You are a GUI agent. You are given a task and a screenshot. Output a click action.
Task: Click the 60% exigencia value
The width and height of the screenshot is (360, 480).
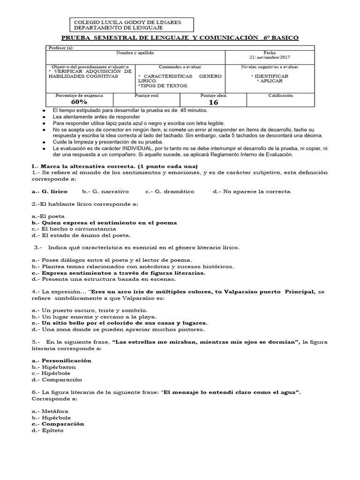tap(79, 102)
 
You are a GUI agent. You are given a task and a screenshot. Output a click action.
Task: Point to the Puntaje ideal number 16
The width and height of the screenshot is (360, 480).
tap(213, 102)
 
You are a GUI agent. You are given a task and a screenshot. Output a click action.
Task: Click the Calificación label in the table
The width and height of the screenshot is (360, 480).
tap(280, 95)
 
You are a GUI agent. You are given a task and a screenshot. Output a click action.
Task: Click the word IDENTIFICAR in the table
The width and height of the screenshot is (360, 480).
tap(270, 75)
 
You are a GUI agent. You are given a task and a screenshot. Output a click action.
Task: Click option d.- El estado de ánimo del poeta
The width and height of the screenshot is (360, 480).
tap(81, 235)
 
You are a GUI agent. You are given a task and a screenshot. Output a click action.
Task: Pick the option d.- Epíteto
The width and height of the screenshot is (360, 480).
tap(50, 430)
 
